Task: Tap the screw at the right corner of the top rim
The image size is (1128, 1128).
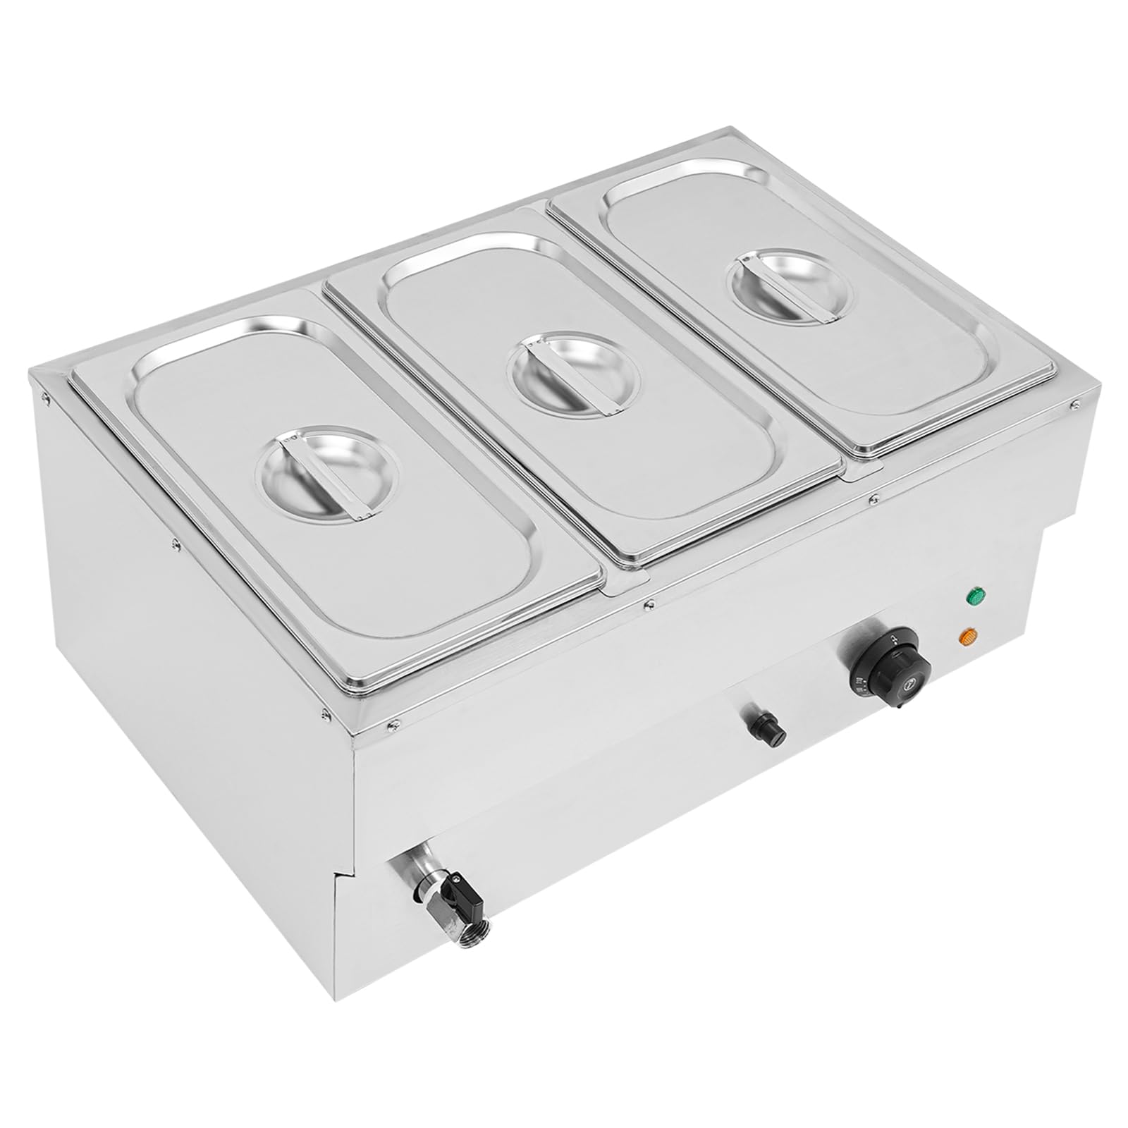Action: pos(1076,403)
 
